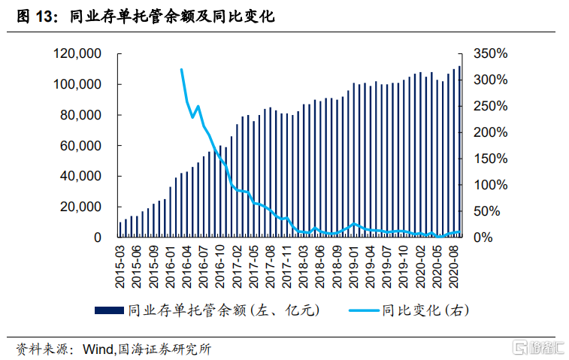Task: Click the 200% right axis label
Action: (x=492, y=132)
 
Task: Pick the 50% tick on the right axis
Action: (x=495, y=211)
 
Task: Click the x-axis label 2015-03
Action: (x=121, y=267)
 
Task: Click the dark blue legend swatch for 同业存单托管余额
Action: (x=109, y=310)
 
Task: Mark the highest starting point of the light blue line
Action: (x=182, y=69)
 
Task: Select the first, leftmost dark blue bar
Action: (x=121, y=230)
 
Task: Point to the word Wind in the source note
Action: (x=97, y=348)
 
